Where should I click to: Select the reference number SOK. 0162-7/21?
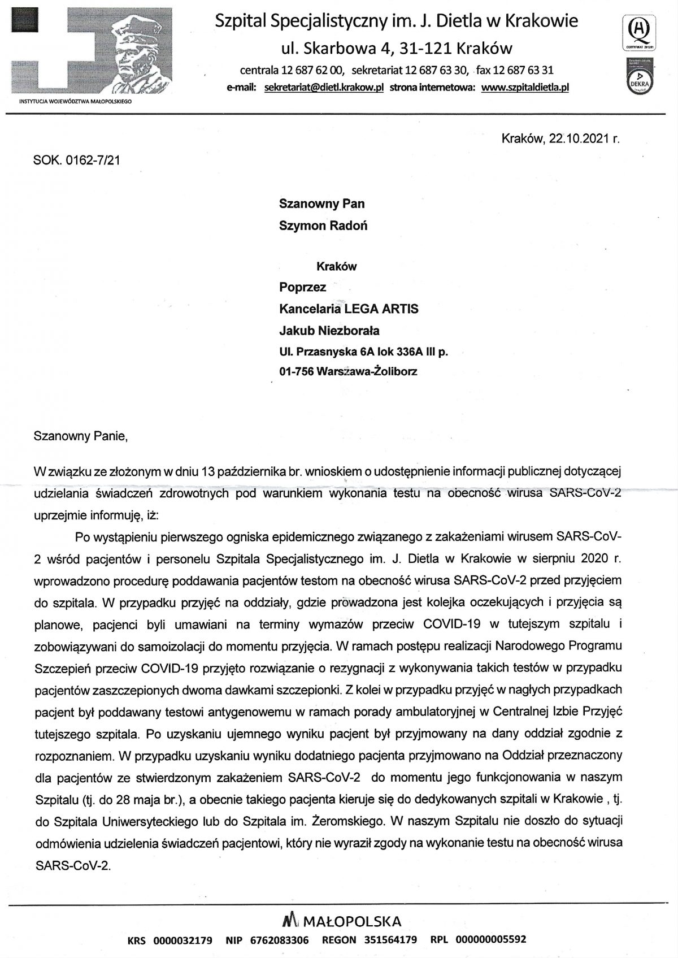(77, 160)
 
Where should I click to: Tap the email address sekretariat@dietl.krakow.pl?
(324, 88)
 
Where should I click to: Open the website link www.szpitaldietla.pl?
(525, 88)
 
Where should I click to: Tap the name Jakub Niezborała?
(329, 330)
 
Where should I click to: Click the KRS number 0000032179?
(181, 940)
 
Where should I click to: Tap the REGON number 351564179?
(391, 940)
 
